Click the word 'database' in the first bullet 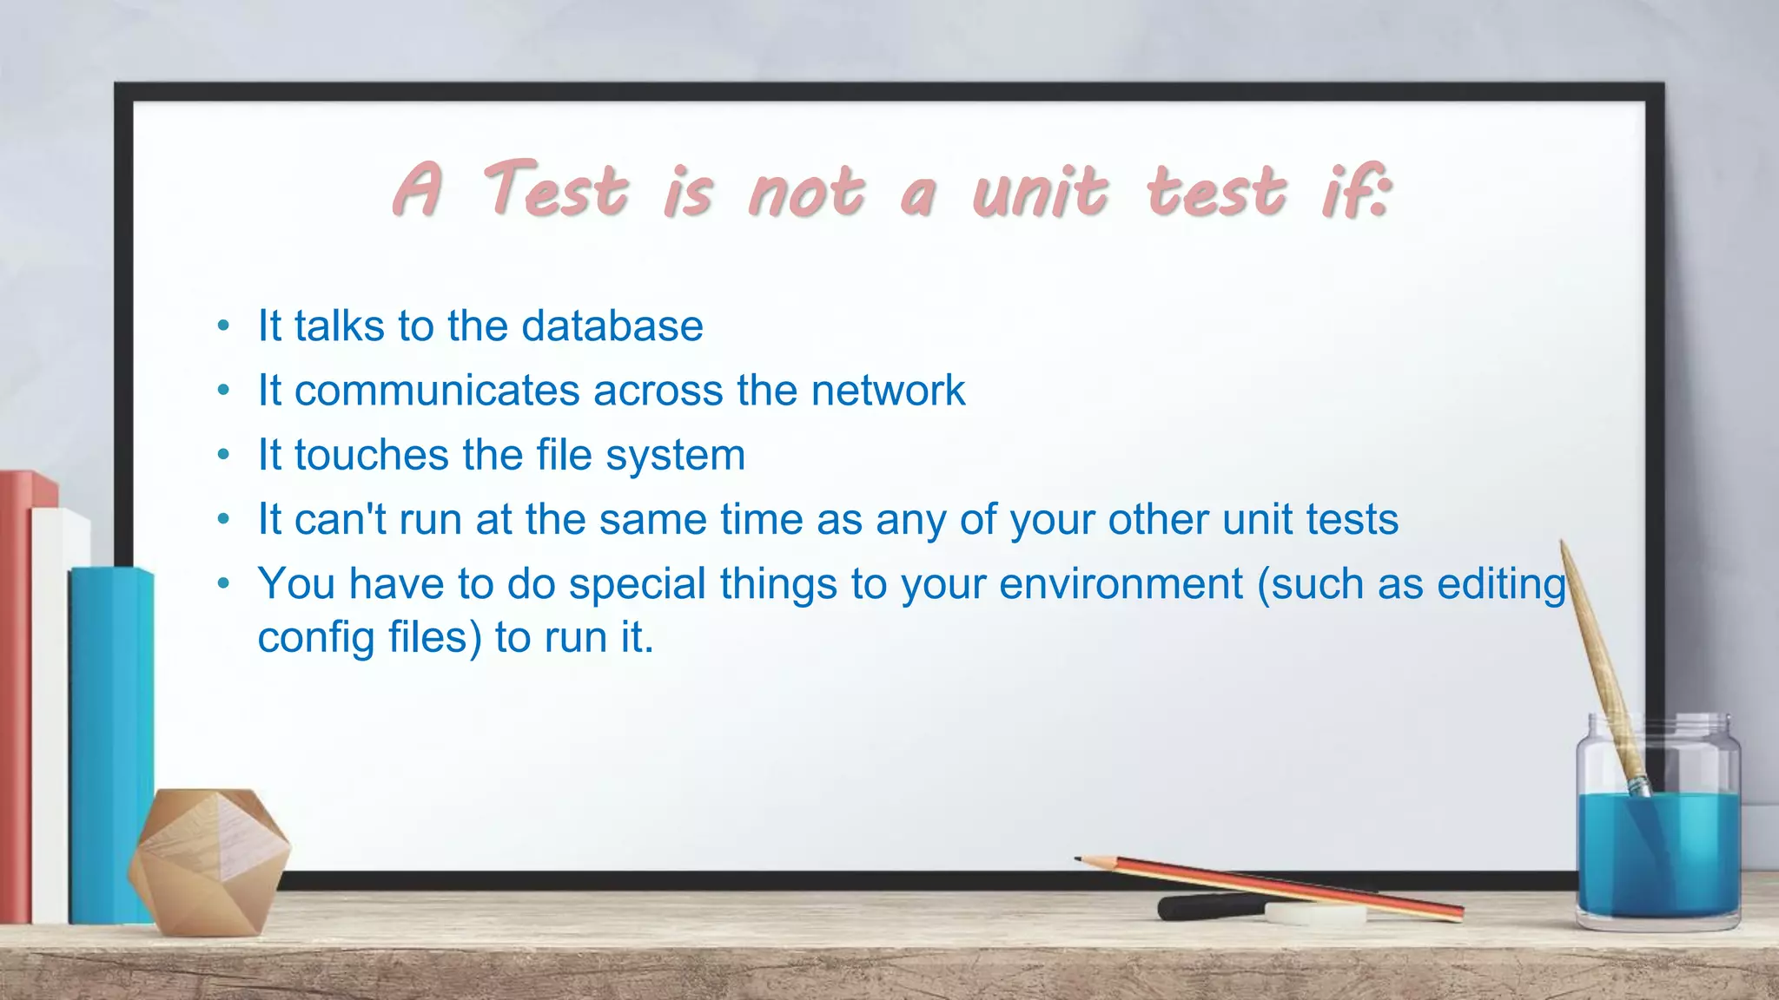click(x=612, y=326)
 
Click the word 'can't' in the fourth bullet click(x=340, y=520)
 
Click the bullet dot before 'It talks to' click(x=223, y=327)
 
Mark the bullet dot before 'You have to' click(x=223, y=584)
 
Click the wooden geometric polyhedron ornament click(x=208, y=859)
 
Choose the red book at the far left click(x=16, y=694)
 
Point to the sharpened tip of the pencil click(x=1080, y=859)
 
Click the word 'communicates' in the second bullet click(x=437, y=391)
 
